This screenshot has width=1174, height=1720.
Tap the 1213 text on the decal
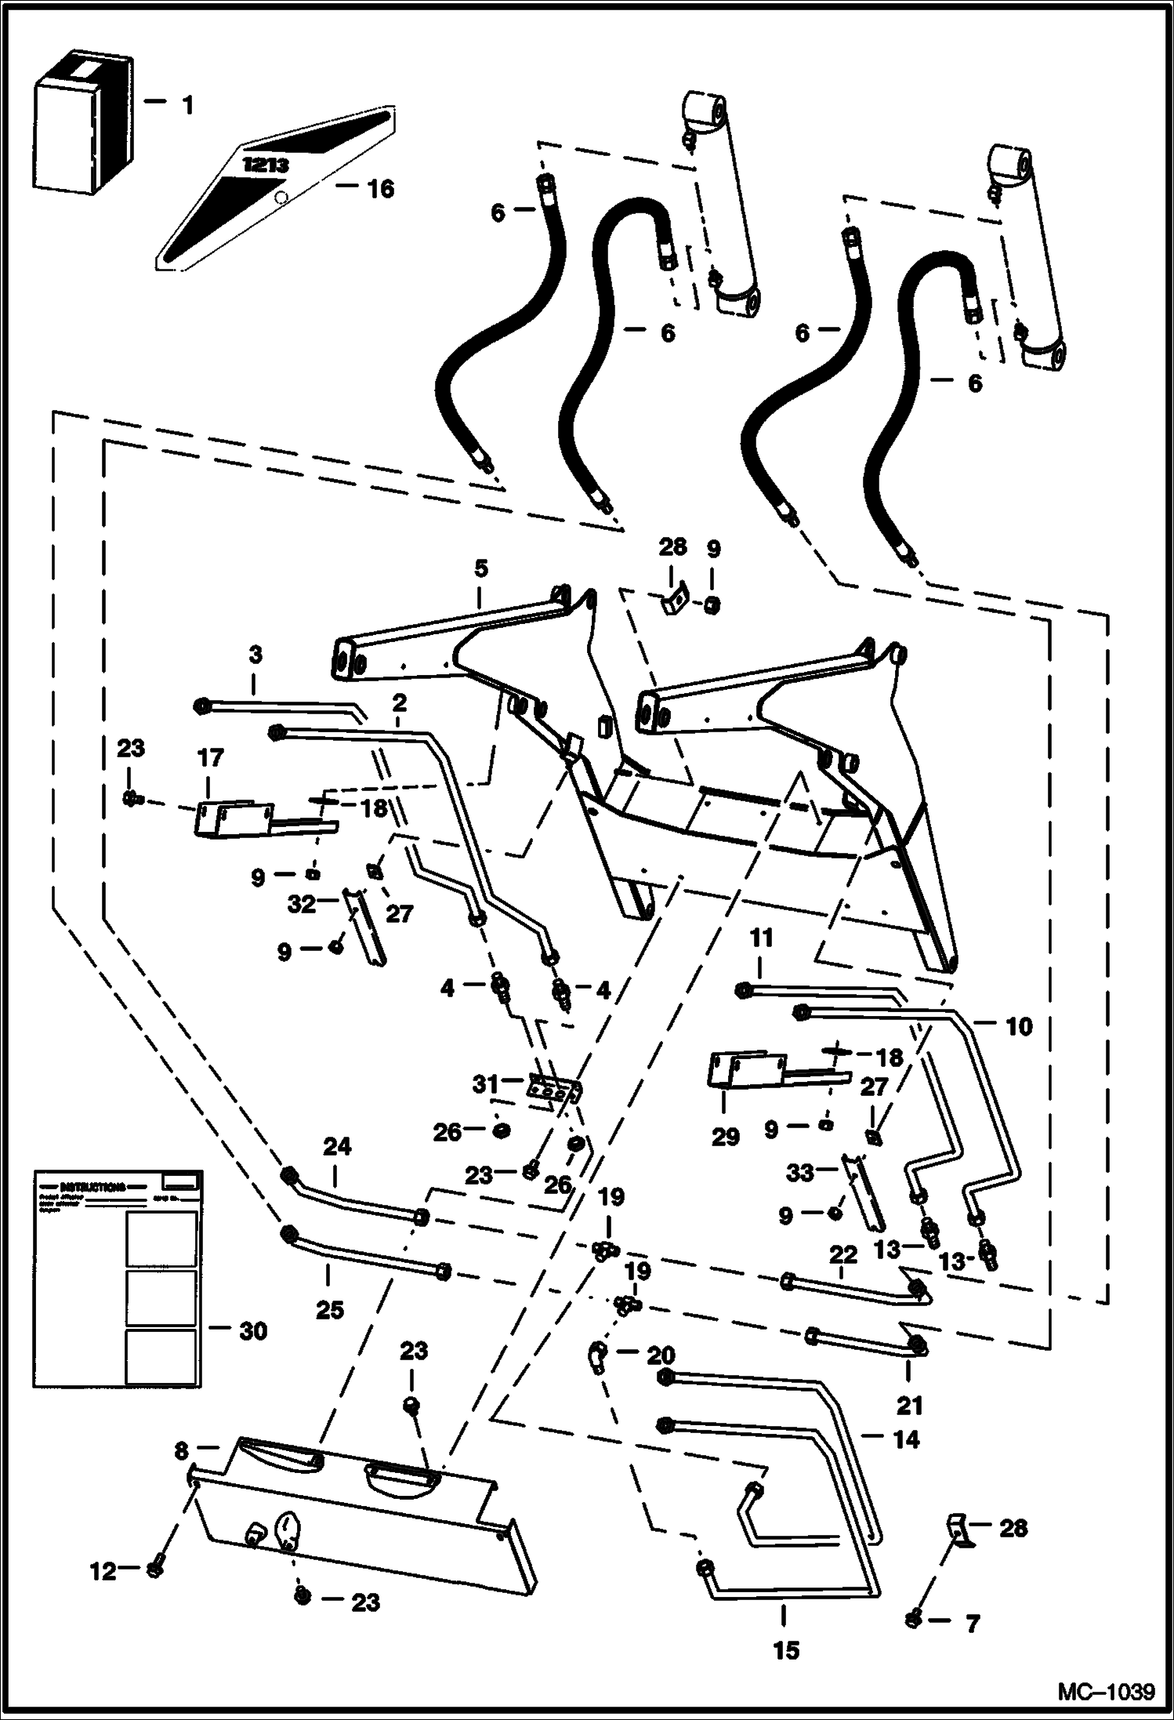click(x=266, y=165)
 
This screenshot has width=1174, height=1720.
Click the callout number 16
click(x=381, y=189)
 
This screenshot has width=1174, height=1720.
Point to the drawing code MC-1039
click(x=1107, y=1692)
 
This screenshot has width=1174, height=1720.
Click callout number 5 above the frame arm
click(x=480, y=568)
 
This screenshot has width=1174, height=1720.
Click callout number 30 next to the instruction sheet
click(x=253, y=1330)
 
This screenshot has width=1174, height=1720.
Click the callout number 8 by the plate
click(x=181, y=1451)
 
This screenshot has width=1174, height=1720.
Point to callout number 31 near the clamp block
click(x=485, y=1084)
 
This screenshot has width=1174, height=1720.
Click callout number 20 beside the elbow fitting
click(x=661, y=1355)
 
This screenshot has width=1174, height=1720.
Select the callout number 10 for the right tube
click(x=1018, y=1025)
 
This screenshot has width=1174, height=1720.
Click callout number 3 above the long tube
click(x=255, y=655)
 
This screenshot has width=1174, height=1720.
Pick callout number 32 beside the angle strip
click(x=302, y=904)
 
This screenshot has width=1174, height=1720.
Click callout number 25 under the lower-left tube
click(x=330, y=1310)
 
